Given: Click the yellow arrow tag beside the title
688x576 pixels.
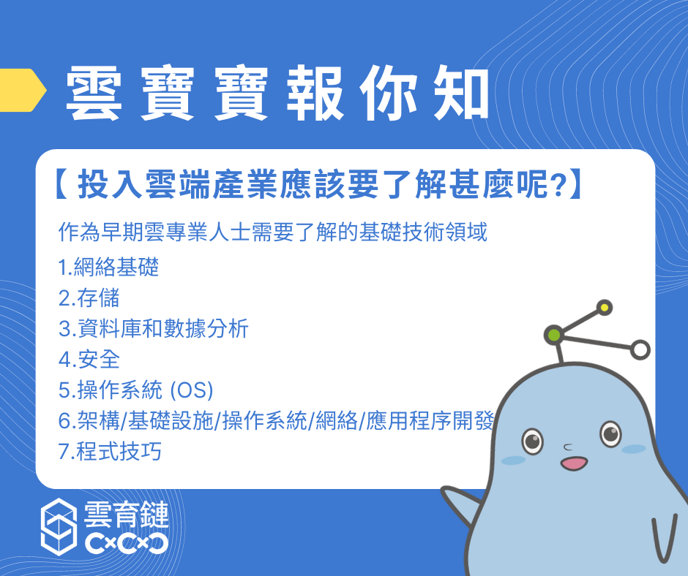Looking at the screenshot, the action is click(22, 90).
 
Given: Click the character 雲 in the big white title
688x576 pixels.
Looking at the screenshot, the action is click(94, 94).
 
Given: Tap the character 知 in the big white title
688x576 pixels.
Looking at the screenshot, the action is click(460, 94).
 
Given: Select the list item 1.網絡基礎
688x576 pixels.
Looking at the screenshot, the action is click(108, 267).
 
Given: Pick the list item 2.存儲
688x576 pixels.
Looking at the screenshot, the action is click(89, 298).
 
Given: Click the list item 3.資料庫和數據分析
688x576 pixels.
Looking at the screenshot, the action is click(154, 328).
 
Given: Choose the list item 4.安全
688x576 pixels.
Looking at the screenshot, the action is click(89, 359).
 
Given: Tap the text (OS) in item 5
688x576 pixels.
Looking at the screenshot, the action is click(191, 390).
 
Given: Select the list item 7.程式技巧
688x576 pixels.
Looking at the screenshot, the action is click(110, 451).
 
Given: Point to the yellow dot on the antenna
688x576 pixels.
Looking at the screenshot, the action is click(605, 308).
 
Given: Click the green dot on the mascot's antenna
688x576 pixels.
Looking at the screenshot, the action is click(554, 336).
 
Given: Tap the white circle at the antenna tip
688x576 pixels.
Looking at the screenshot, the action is click(640, 350).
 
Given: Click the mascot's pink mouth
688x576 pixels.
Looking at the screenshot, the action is click(574, 463).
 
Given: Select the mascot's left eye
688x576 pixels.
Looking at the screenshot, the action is click(532, 440).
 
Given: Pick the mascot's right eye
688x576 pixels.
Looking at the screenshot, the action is click(610, 433).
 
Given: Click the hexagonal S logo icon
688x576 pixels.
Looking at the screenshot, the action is click(59, 526).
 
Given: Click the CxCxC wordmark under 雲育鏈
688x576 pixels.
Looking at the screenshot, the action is click(127, 543).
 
